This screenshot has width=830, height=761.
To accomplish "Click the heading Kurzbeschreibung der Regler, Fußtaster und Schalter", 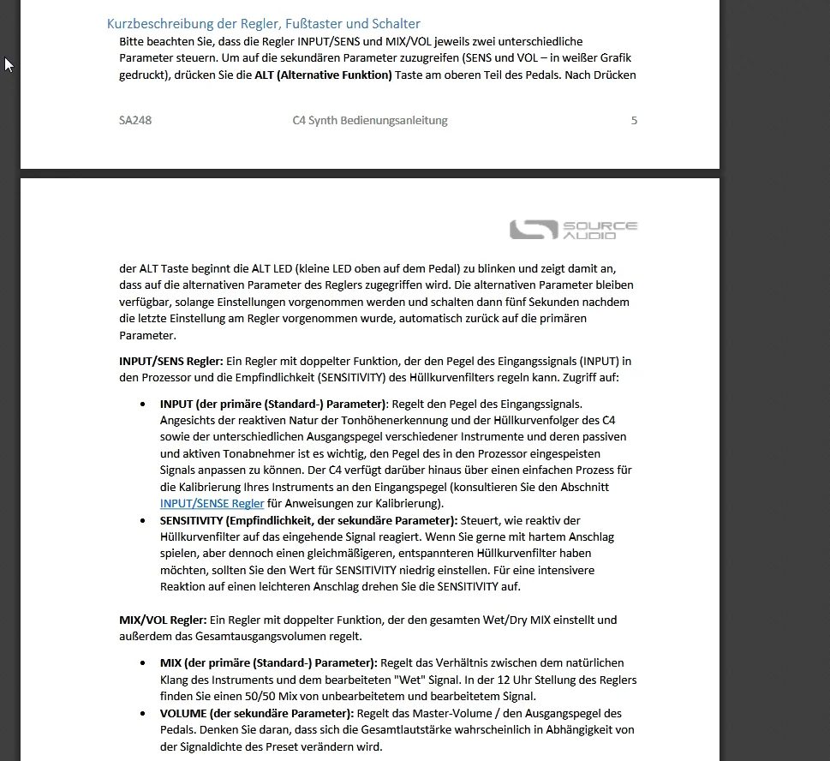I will pyautogui.click(x=263, y=24).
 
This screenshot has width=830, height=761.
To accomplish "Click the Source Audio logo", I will pyautogui.click(x=573, y=230).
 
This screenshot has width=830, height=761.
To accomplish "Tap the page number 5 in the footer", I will pyautogui.click(x=634, y=120).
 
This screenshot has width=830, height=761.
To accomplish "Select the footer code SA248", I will pyautogui.click(x=135, y=120).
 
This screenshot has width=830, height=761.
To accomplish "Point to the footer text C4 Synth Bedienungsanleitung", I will pyautogui.click(x=370, y=120).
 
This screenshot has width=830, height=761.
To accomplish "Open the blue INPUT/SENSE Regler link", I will pyautogui.click(x=212, y=503).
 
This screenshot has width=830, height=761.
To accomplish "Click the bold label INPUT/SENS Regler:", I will pyautogui.click(x=170, y=361).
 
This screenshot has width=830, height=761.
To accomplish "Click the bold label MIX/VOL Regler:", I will pyautogui.click(x=163, y=620).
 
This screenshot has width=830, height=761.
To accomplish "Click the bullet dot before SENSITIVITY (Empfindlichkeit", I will pyautogui.click(x=142, y=520).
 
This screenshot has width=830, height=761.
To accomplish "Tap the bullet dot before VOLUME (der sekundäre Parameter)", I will pyautogui.click(x=142, y=713).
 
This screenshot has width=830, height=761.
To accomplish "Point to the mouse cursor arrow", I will pyautogui.click(x=9, y=64).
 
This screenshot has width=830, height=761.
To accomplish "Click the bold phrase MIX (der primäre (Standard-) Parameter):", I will pyautogui.click(x=268, y=662).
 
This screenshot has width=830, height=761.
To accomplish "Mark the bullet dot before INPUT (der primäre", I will pyautogui.click(x=142, y=403).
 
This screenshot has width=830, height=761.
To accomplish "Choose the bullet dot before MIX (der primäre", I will pyautogui.click(x=142, y=662).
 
